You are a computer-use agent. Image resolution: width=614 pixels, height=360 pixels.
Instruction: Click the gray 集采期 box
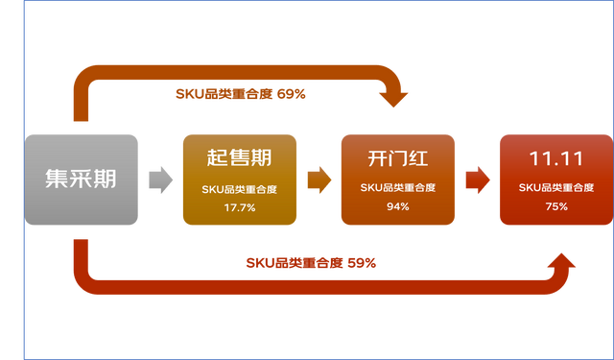(82, 180)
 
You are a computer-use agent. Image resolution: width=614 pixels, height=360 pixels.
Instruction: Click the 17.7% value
(239, 207)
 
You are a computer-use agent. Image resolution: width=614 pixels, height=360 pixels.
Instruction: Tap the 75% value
(555, 207)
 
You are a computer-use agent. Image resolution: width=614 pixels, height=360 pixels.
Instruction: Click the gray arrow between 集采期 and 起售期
(160, 180)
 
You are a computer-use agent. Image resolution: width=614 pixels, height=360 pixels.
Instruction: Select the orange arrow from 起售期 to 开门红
(319, 180)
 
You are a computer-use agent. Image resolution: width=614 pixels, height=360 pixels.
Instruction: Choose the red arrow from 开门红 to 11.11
(477, 180)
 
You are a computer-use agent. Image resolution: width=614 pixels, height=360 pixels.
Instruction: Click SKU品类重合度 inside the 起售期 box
(239, 189)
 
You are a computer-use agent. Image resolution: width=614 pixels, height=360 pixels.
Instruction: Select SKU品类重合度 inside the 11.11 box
(555, 189)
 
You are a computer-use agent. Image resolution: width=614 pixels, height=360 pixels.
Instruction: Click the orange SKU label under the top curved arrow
(240, 94)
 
